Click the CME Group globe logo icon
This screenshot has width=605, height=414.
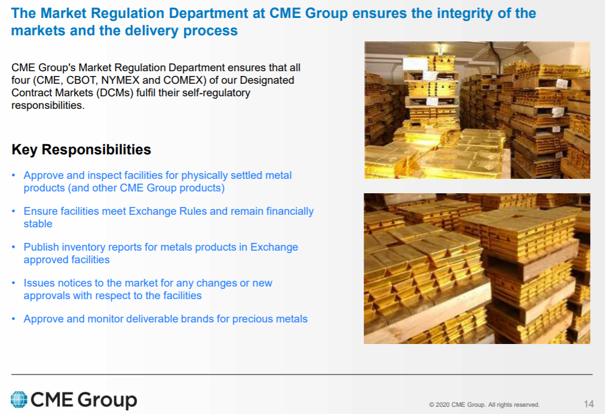click(x=19, y=399)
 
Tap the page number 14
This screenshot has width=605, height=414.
click(x=588, y=404)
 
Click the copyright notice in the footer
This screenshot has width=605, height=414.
click(x=484, y=404)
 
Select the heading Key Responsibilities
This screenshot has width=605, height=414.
click(x=81, y=150)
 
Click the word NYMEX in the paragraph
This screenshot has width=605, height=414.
click(x=120, y=80)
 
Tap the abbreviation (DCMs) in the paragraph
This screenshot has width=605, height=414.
click(x=114, y=93)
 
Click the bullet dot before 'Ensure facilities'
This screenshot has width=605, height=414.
click(x=14, y=211)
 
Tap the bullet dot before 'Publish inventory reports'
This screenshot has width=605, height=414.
click(x=14, y=247)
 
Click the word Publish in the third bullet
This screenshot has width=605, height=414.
click(x=41, y=247)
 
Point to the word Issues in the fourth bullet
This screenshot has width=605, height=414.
click(x=39, y=283)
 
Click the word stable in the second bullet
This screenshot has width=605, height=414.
click(x=38, y=224)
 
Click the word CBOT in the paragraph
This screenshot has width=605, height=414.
click(x=80, y=80)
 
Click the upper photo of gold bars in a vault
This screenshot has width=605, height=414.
click(x=477, y=110)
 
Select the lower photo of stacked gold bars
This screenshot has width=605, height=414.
click(x=477, y=269)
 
